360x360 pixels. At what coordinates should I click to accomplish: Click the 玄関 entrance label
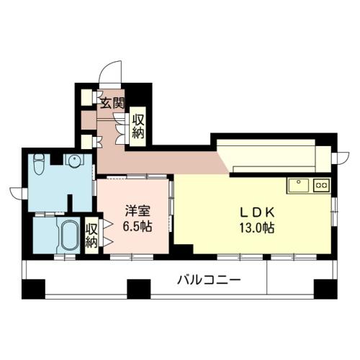coord(112,103)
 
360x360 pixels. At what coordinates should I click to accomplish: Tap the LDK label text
coord(258,212)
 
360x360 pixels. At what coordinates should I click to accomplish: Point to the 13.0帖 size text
coord(257,228)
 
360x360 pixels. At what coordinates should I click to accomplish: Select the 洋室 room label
coord(138,211)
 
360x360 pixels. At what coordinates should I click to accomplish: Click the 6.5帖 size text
coord(138,226)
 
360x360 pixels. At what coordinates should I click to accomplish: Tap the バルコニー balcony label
coord(209,280)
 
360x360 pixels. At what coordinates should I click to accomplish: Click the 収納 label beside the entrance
coord(138,127)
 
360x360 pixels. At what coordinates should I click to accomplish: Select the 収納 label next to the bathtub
coord(91,235)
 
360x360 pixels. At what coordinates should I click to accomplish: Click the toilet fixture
coord(39,164)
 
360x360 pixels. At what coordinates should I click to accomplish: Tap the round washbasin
coord(74,160)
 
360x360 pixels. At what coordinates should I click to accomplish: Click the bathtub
coord(70,235)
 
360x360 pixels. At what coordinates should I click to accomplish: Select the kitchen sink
coord(299,186)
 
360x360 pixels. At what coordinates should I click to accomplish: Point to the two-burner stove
coord(322,185)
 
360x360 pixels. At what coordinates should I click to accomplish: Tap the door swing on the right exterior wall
coord(343,158)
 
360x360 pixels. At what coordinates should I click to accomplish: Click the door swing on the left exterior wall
coord(16,193)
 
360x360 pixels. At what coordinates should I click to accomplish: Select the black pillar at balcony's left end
coord(33,289)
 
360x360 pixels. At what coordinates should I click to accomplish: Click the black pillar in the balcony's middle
coord(139,289)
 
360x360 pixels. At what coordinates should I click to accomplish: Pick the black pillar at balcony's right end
coord(325,289)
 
